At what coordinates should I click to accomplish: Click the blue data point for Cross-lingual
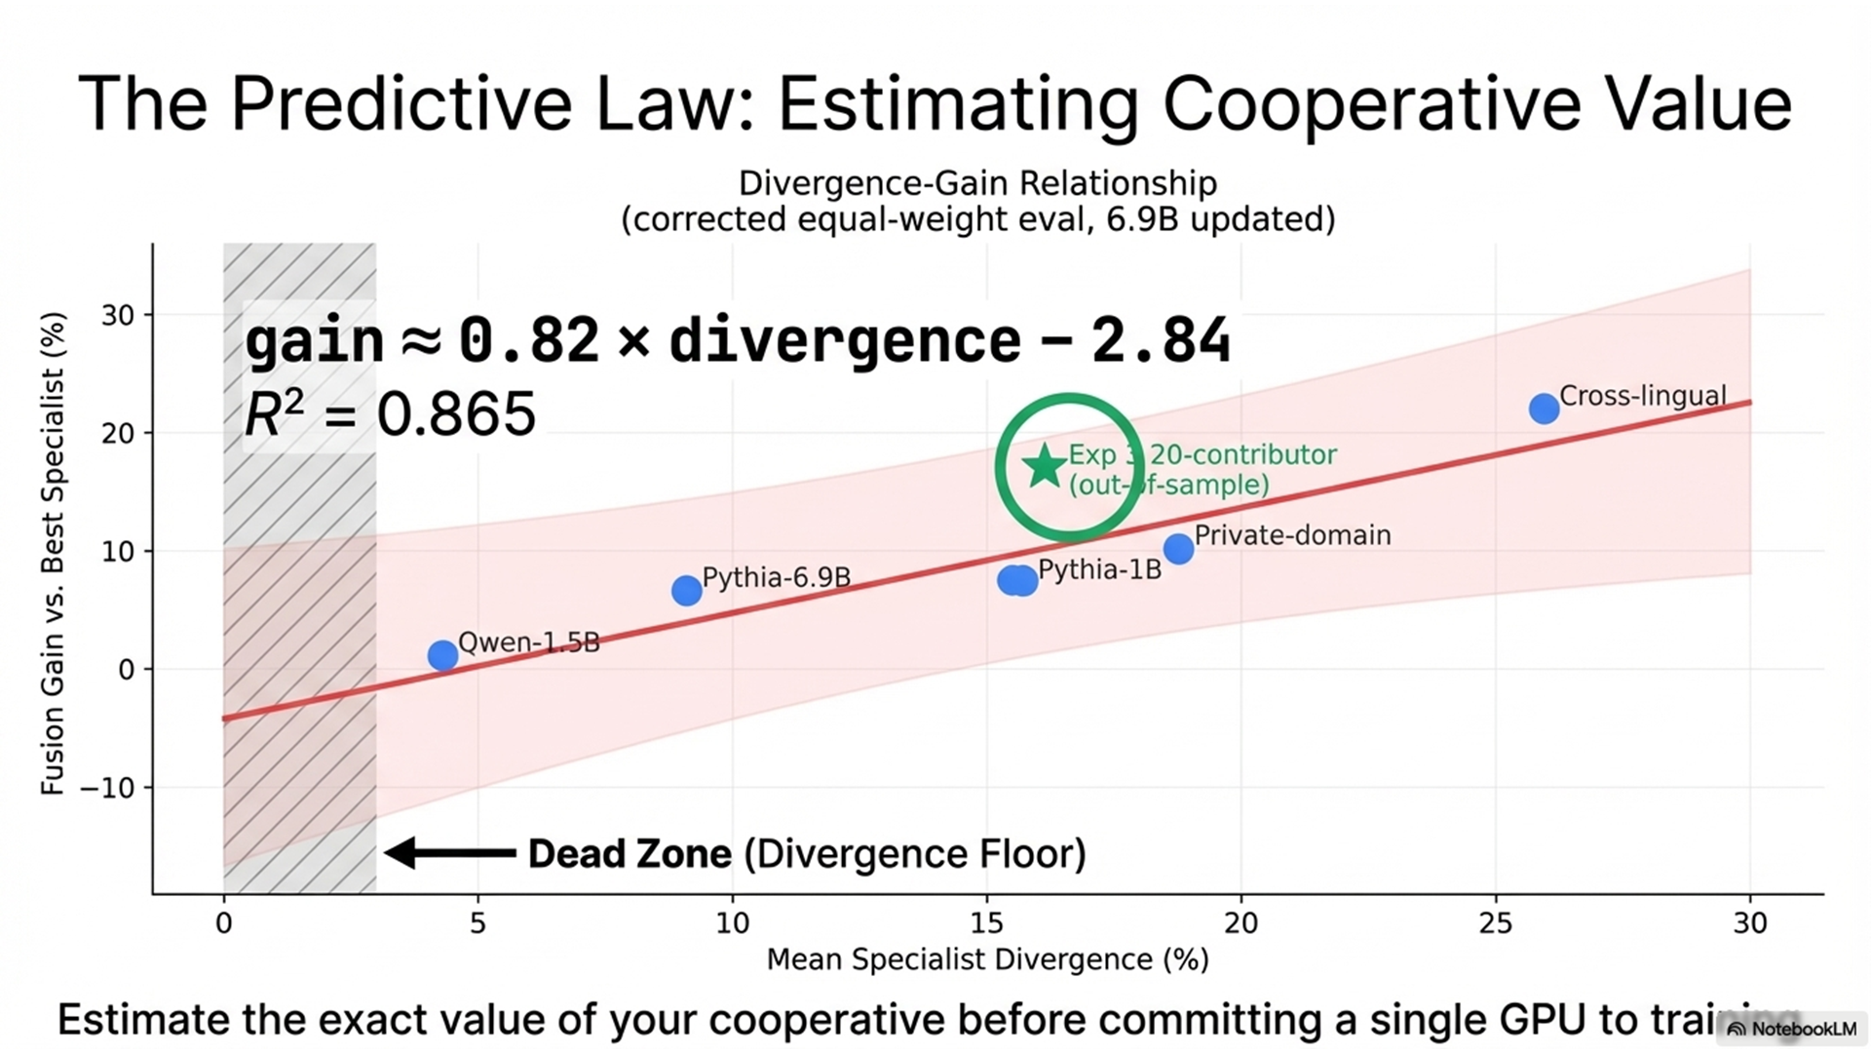[1544, 409]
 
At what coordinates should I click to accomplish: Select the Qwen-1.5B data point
[442, 655]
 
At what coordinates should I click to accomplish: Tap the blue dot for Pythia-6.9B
[686, 590]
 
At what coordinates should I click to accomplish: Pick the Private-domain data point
[1178, 549]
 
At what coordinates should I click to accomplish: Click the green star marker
[1045, 466]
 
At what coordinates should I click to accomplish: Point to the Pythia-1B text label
[1099, 569]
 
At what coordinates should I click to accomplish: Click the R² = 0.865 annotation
[390, 413]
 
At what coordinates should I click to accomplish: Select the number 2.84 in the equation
[1160, 340]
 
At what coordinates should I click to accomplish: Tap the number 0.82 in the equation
[528, 340]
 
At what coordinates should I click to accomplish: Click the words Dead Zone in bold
[630, 854]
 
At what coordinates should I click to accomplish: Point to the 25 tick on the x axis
[1496, 922]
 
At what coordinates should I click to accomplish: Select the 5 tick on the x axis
[477, 922]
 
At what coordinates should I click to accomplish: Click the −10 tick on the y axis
[107, 788]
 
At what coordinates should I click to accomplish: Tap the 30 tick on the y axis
[118, 315]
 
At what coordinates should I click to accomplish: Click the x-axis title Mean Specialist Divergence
[987, 959]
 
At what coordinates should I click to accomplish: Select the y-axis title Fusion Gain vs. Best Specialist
[53, 553]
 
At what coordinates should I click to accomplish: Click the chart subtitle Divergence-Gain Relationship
[977, 183]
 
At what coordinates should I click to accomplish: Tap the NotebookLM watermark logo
[1737, 1030]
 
